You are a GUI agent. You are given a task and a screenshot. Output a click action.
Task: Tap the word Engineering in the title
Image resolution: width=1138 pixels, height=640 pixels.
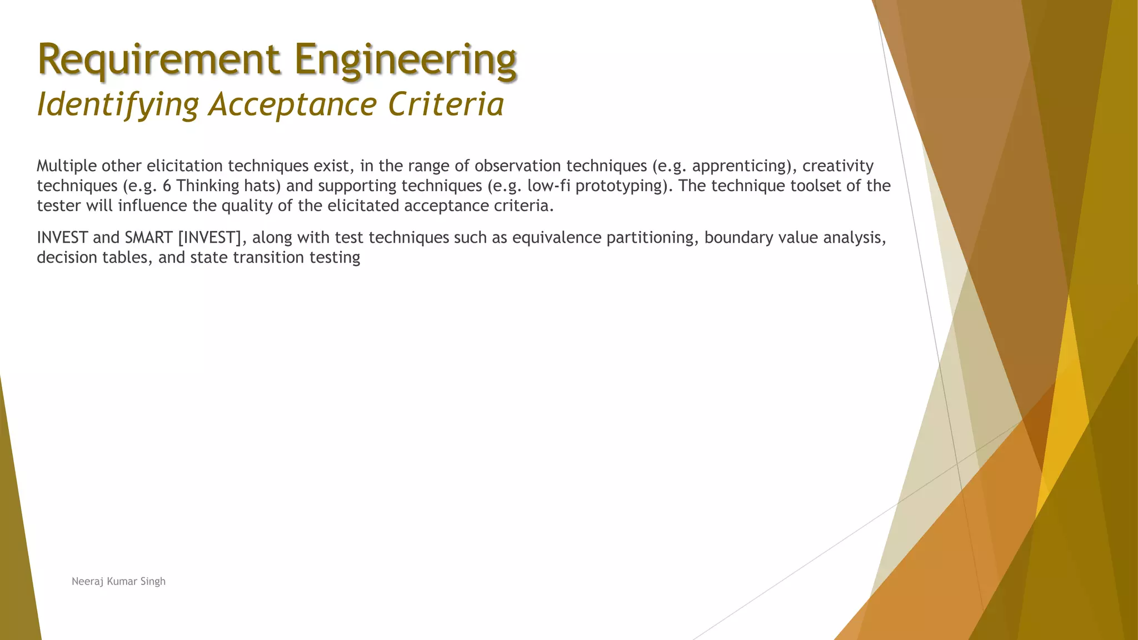point(406,60)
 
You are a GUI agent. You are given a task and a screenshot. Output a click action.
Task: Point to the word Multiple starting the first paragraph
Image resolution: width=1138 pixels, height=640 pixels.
point(67,166)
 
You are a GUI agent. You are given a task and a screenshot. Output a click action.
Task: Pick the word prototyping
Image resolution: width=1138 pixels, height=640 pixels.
point(620,186)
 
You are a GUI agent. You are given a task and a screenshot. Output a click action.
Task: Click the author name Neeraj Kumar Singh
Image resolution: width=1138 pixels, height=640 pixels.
point(118,582)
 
